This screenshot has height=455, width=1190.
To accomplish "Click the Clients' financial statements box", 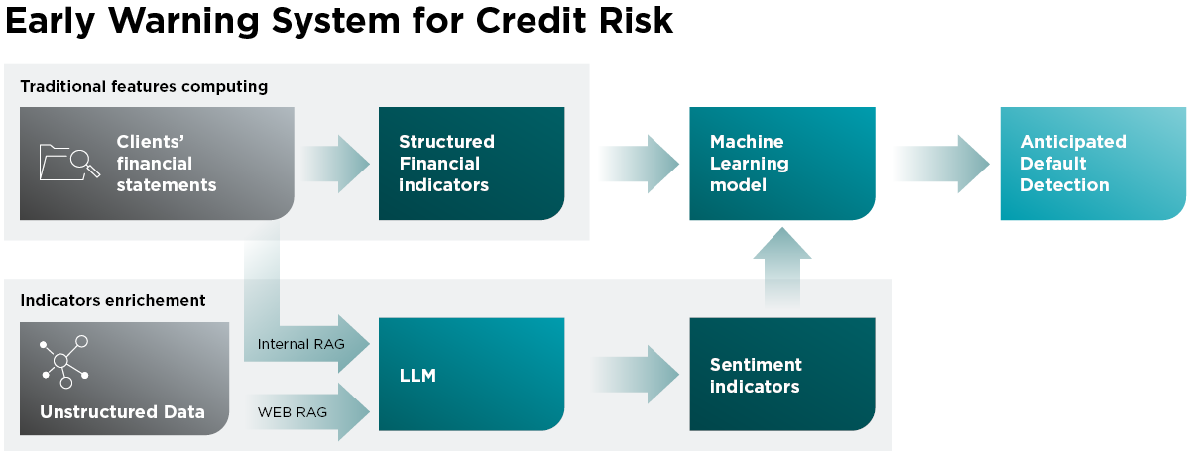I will coord(157,164).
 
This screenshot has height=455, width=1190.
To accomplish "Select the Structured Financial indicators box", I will coord(471,164).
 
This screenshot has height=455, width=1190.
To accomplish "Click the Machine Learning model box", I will coord(781,164).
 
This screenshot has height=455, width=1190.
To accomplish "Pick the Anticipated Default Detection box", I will coord(1092,164).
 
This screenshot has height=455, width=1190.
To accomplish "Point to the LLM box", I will coord(471,375).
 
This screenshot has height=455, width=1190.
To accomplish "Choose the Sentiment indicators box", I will coord(781,375).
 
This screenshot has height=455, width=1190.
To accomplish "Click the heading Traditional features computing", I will coord(144,86).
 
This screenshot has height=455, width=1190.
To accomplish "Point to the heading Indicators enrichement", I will coord(113,300).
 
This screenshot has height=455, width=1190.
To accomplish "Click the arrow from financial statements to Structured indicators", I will coord(333,163).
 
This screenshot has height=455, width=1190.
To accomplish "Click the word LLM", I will coord(416,376).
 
